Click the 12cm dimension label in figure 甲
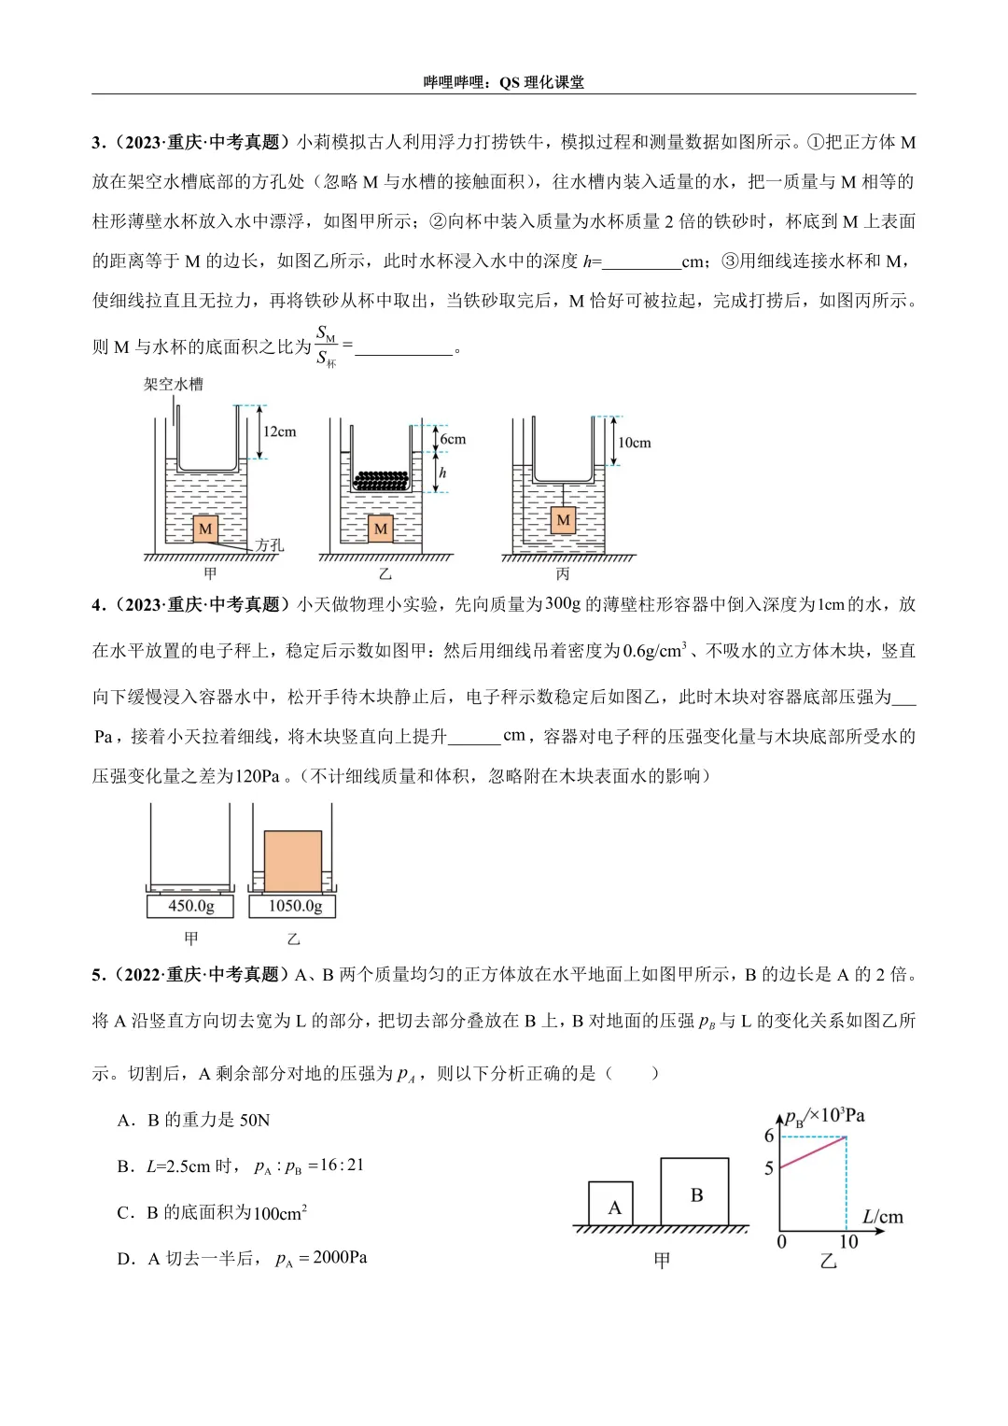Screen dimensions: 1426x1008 point(279,431)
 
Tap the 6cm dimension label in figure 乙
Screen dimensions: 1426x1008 point(453,439)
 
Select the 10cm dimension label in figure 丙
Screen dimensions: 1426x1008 point(634,443)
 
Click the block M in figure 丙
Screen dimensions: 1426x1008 point(563,519)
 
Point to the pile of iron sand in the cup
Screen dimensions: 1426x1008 point(381,481)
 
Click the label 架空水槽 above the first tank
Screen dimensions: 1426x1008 point(173,384)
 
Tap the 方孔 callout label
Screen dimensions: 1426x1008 point(269,544)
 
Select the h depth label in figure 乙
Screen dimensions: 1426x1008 point(442,473)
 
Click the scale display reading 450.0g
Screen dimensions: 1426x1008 point(190,906)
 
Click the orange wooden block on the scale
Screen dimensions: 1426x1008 point(292,861)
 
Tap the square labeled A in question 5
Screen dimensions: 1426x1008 point(612,1205)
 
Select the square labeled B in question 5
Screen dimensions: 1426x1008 point(695,1193)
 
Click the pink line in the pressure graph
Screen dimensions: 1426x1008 point(813,1151)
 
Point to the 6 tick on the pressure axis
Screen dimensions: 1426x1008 point(769,1137)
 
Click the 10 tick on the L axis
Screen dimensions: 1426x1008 point(847,1242)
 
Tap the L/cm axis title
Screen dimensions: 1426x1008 point(882,1216)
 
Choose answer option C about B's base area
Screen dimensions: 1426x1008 point(213,1212)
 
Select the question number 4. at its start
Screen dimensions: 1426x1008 point(99,605)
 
